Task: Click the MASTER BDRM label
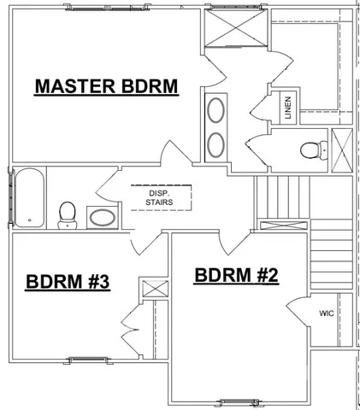[x=105, y=87]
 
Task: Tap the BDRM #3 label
[x=66, y=282]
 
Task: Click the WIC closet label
[x=326, y=313]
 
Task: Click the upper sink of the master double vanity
[x=216, y=111]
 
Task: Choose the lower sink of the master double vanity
[x=216, y=143]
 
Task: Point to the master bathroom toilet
[x=311, y=151]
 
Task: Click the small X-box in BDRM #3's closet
[x=154, y=288]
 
